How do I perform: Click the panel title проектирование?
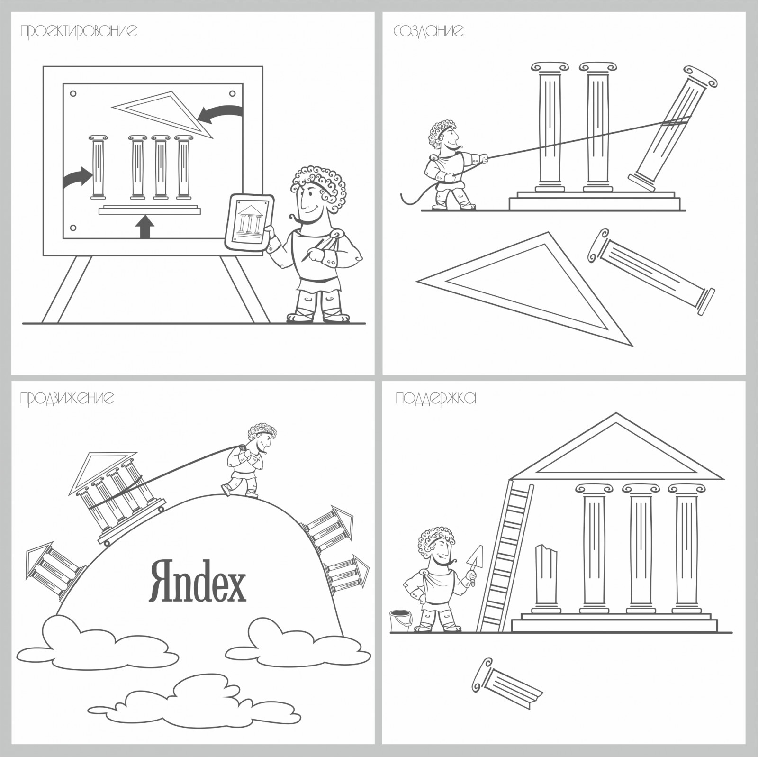(x=79, y=31)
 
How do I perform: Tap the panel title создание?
(x=428, y=31)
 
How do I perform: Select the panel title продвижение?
(x=67, y=398)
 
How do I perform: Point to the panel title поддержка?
(x=435, y=398)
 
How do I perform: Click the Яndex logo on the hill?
(x=198, y=580)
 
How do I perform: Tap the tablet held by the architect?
(x=249, y=222)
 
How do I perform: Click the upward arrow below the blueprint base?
(x=145, y=227)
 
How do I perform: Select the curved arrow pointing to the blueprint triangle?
(x=220, y=113)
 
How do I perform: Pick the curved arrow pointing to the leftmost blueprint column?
(x=77, y=177)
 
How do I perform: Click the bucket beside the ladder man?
(x=400, y=621)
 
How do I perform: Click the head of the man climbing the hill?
(x=262, y=438)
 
